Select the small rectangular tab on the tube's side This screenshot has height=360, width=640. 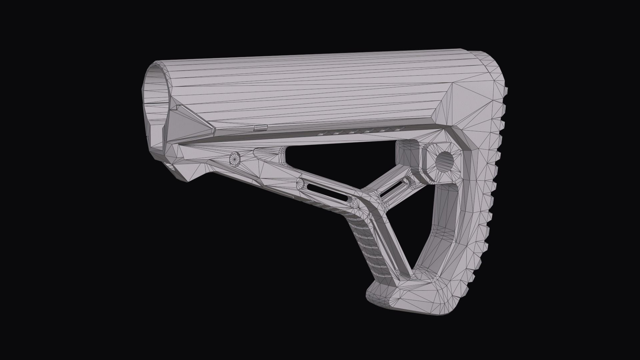260,127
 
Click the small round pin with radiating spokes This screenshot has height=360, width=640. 235,159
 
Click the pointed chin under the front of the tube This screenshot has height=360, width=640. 190,180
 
